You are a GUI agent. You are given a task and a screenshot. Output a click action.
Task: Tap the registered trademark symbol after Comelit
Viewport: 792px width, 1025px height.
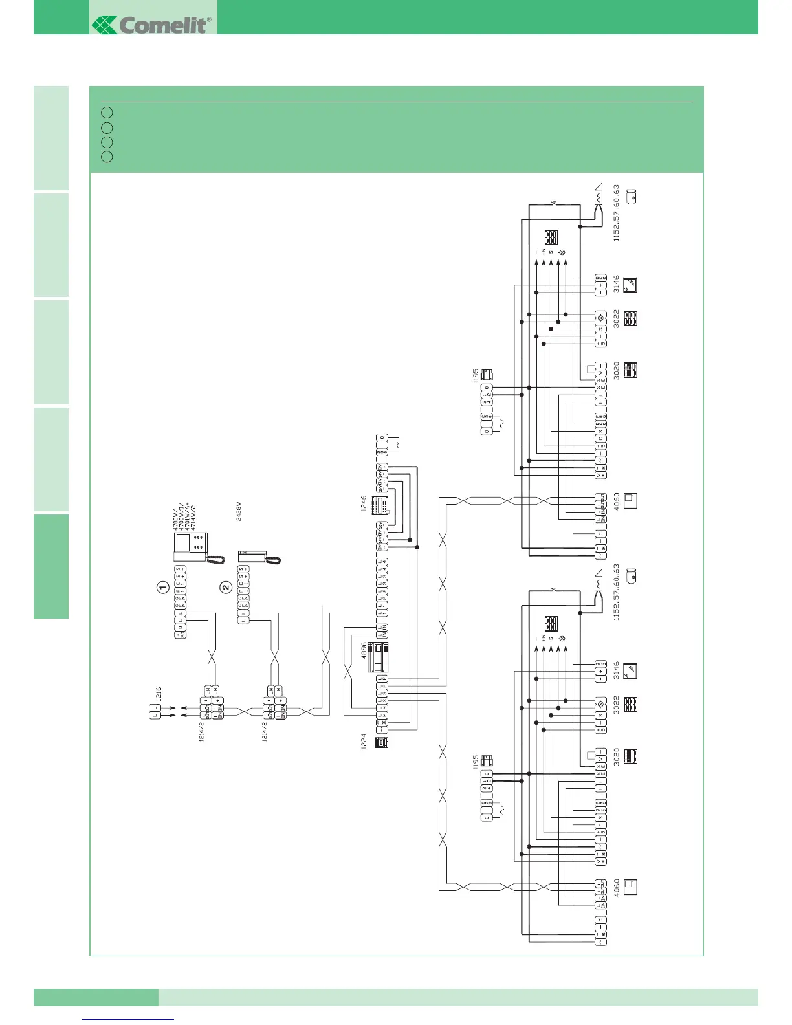click(209, 20)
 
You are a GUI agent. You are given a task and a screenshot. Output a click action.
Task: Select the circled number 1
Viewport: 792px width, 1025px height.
click(163, 588)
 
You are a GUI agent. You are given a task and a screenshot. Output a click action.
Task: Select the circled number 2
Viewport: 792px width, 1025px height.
click(226, 588)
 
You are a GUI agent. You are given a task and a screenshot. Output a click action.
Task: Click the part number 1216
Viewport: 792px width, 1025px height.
click(159, 694)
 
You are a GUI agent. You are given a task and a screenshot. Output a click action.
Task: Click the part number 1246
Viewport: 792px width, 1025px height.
click(364, 504)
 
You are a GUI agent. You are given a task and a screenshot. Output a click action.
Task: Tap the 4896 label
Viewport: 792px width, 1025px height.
click(364, 650)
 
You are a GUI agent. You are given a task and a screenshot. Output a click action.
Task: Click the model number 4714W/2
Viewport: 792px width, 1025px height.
click(193, 511)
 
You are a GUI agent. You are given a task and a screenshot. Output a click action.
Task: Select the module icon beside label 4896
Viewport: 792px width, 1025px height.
click(381, 657)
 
